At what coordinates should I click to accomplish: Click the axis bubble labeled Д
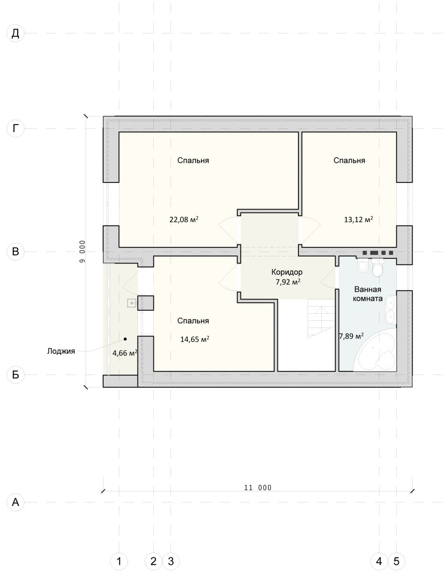pyautogui.click(x=16, y=33)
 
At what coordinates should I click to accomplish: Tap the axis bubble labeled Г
pyautogui.click(x=16, y=128)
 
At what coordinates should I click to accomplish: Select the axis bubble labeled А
pyautogui.click(x=16, y=502)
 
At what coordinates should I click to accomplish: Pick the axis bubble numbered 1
pyautogui.click(x=119, y=561)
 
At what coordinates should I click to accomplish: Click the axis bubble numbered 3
pyautogui.click(x=171, y=561)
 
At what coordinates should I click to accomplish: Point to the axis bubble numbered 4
pyautogui.click(x=379, y=561)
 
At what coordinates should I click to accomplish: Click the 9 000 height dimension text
pyautogui.click(x=83, y=252)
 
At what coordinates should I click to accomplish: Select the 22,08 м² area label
pyautogui.click(x=184, y=219)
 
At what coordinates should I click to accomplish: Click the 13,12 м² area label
pyautogui.click(x=359, y=219)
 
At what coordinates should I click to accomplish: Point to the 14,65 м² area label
pyautogui.click(x=195, y=339)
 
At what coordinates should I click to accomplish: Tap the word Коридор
pyautogui.click(x=287, y=272)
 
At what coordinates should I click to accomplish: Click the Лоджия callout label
pyautogui.click(x=61, y=351)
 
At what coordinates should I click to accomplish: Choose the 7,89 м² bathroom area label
pyautogui.click(x=351, y=336)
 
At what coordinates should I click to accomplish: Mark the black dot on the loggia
pyautogui.click(x=125, y=339)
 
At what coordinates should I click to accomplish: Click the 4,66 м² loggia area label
pyautogui.click(x=125, y=353)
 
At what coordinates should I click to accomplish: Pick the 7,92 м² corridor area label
pyautogui.click(x=288, y=282)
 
